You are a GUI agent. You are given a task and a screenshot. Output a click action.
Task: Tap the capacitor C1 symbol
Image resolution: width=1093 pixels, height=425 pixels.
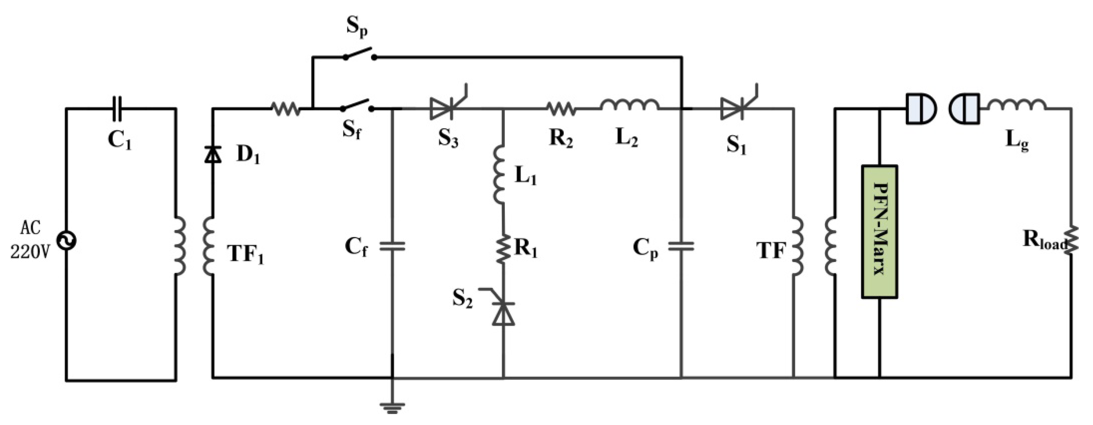pyautogui.click(x=117, y=109)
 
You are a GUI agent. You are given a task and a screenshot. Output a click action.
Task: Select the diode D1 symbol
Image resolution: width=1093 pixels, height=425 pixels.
pyautogui.click(x=213, y=155)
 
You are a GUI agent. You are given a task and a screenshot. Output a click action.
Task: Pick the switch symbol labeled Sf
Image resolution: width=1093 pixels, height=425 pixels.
pyautogui.click(x=357, y=106)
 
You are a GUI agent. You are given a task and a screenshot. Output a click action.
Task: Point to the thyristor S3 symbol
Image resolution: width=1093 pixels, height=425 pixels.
pyautogui.click(x=443, y=109)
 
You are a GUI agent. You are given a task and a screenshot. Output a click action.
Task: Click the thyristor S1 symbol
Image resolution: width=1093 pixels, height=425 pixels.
pyautogui.click(x=734, y=109)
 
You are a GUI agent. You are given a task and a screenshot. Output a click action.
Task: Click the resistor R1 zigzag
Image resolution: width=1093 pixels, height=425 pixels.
pyautogui.click(x=503, y=250)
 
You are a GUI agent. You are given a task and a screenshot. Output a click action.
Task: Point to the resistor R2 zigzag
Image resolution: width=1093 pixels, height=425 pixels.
pyautogui.click(x=560, y=109)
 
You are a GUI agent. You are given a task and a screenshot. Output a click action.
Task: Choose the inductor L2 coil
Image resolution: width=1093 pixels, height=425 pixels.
pyautogui.click(x=630, y=104)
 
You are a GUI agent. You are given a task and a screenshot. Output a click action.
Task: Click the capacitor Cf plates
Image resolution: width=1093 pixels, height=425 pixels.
pyautogui.click(x=392, y=246)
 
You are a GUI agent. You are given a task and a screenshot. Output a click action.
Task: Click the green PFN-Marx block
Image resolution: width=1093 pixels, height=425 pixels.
pyautogui.click(x=879, y=232)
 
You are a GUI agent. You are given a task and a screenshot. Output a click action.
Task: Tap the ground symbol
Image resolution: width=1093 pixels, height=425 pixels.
pyautogui.click(x=392, y=407)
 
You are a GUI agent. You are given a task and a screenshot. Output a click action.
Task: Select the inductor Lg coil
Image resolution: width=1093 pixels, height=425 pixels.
pyautogui.click(x=1016, y=105)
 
